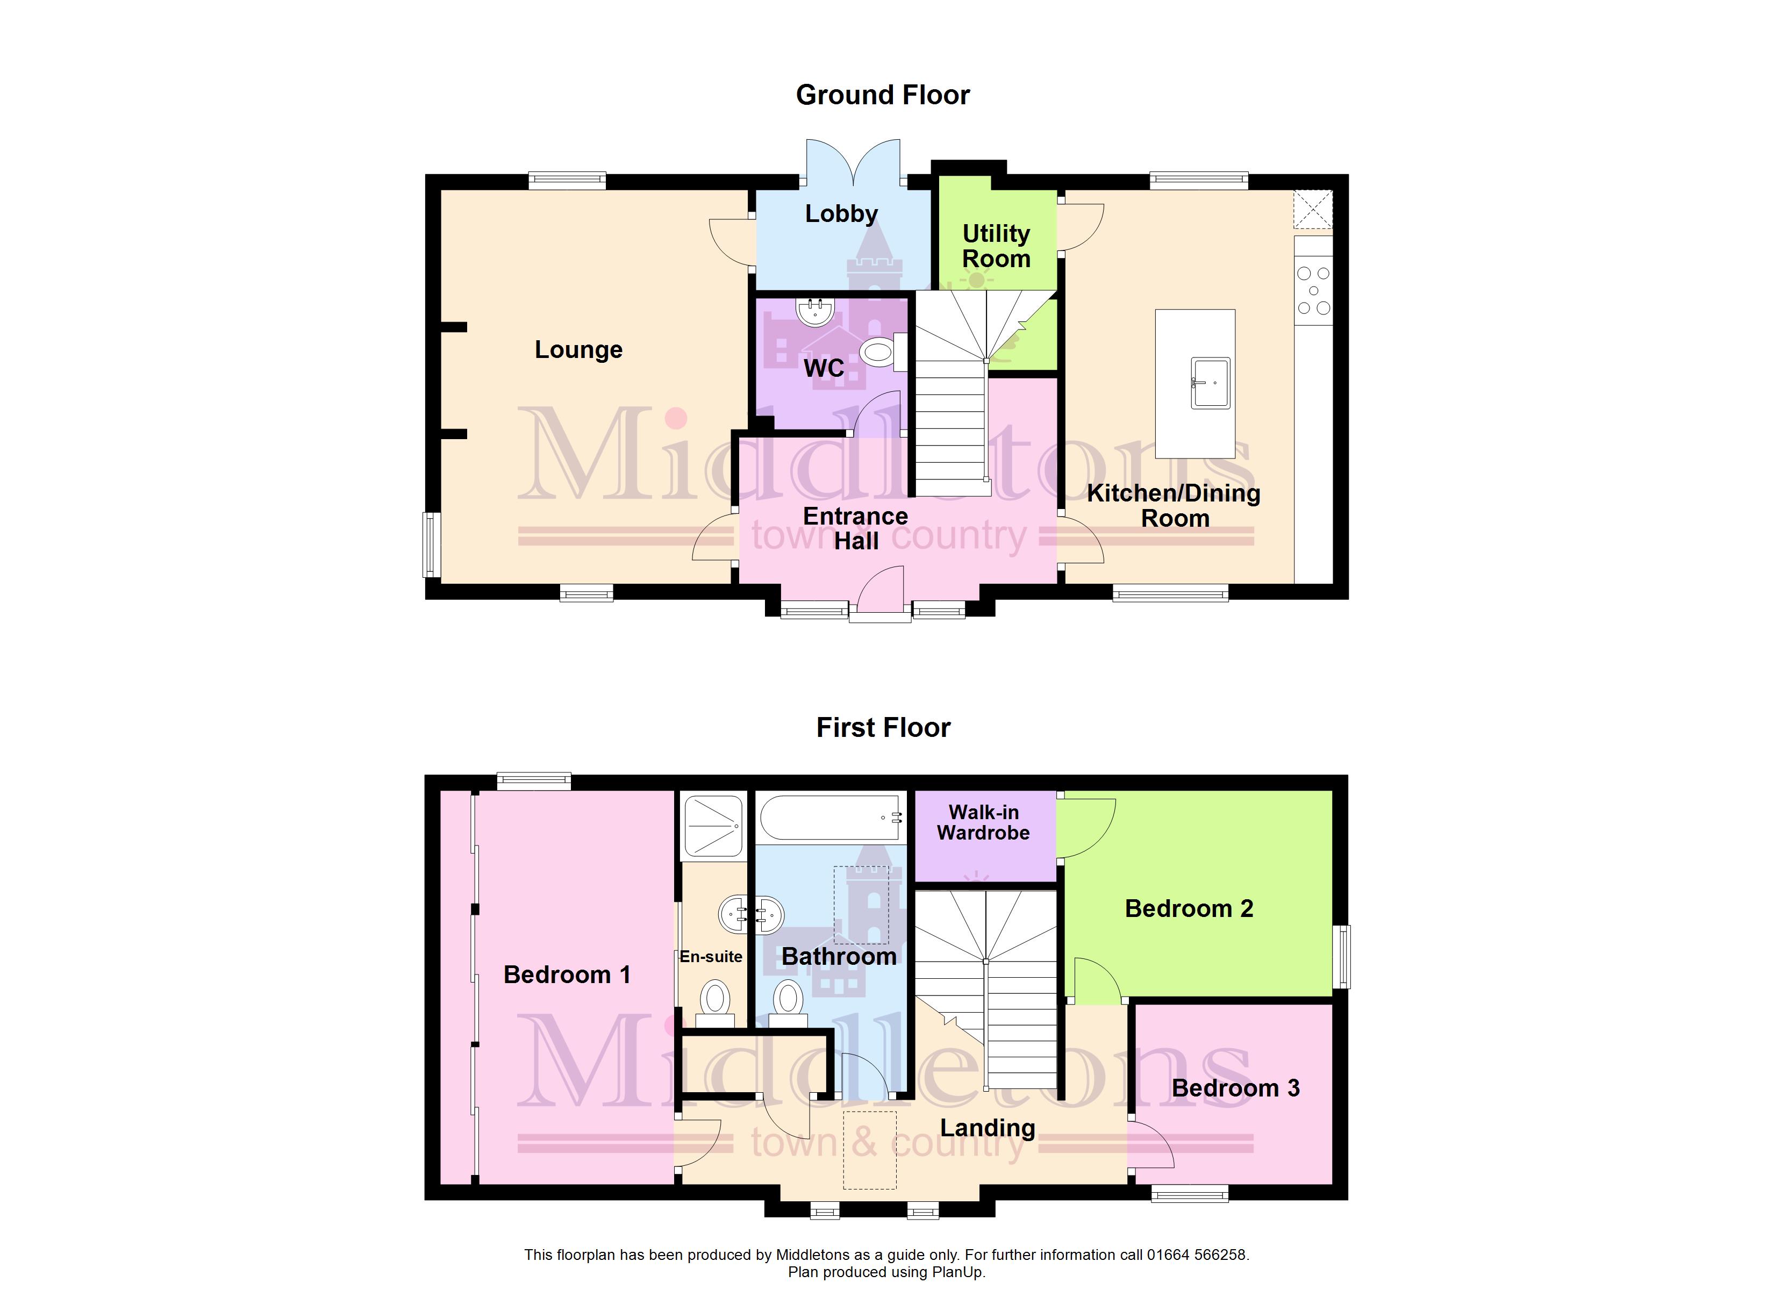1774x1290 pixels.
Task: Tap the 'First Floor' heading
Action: click(883, 728)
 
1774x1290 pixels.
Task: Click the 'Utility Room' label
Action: click(996, 246)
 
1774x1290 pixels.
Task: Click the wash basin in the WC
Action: click(816, 311)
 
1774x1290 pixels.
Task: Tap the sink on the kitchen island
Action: click(1211, 383)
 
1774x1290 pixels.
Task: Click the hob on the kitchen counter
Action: click(1313, 290)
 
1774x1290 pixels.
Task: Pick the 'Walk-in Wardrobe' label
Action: click(983, 822)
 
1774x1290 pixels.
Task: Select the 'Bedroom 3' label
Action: click(1236, 1087)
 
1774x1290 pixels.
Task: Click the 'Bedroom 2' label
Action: click(1189, 908)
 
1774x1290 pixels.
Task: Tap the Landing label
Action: click(987, 1128)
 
